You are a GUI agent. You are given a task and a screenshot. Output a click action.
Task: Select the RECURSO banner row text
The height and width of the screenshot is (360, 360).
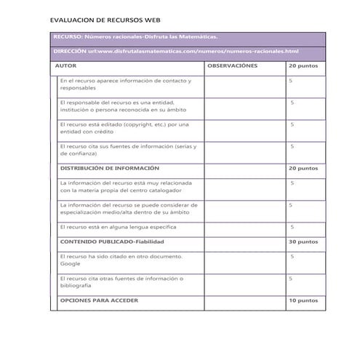(135, 36)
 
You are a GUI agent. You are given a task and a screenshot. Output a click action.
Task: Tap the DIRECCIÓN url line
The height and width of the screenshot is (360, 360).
(177, 52)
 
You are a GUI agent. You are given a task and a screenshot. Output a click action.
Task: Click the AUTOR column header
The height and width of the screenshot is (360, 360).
(67, 66)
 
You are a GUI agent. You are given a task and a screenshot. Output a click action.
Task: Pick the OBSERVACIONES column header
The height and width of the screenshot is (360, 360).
(233, 66)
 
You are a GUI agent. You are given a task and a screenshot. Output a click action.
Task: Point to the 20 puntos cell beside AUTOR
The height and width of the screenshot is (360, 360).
(303, 66)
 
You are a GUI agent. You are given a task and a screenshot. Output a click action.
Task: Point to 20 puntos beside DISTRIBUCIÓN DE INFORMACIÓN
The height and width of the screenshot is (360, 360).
(303, 168)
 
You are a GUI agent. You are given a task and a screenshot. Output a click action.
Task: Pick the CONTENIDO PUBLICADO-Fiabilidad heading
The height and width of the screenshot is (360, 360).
(112, 241)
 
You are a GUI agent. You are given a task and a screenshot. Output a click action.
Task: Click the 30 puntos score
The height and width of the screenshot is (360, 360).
(303, 241)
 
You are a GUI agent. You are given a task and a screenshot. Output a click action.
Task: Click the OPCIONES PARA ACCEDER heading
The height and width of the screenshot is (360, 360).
(99, 300)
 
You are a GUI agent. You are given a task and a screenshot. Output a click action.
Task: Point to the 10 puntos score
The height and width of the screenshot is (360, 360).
(303, 300)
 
